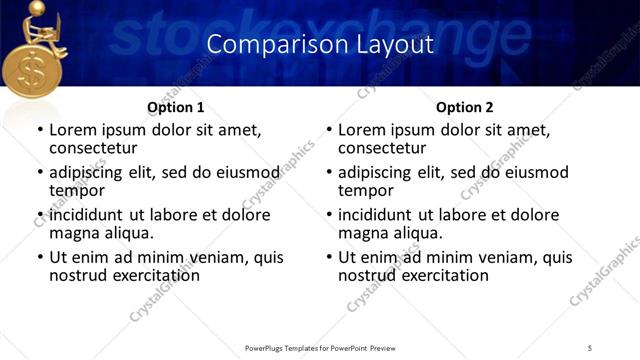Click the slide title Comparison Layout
(x=320, y=44)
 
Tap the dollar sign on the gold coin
(x=32, y=75)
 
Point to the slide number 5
(x=590, y=347)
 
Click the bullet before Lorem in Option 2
(x=329, y=131)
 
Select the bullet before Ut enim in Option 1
(x=40, y=257)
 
